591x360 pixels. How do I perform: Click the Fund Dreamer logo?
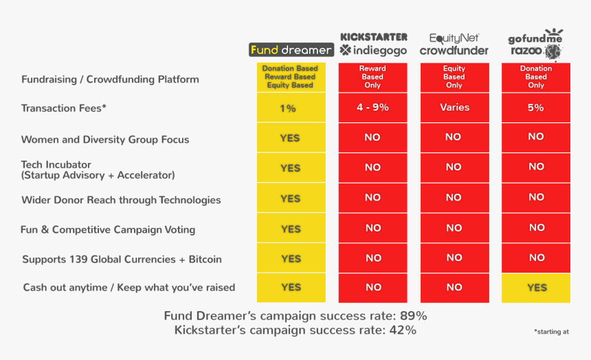click(x=291, y=49)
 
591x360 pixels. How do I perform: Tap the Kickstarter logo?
click(x=374, y=36)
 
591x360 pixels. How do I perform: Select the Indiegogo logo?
click(x=374, y=50)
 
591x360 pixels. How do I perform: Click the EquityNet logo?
click(x=454, y=38)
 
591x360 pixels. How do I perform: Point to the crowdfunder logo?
click(x=454, y=50)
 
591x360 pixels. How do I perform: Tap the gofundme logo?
click(x=535, y=38)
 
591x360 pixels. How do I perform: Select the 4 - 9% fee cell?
click(x=372, y=107)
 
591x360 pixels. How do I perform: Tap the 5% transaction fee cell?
click(x=536, y=107)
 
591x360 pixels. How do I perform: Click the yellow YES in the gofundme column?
click(x=537, y=287)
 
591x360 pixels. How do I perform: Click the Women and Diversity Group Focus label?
click(x=105, y=139)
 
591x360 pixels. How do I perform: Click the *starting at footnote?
click(x=551, y=332)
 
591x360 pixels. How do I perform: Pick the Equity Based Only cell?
click(x=454, y=77)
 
